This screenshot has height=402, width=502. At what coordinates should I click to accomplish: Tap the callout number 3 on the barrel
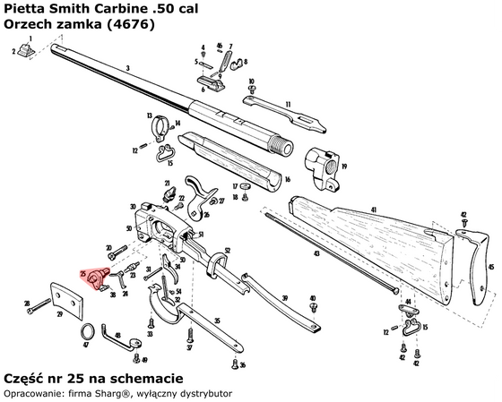click(x=129, y=68)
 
